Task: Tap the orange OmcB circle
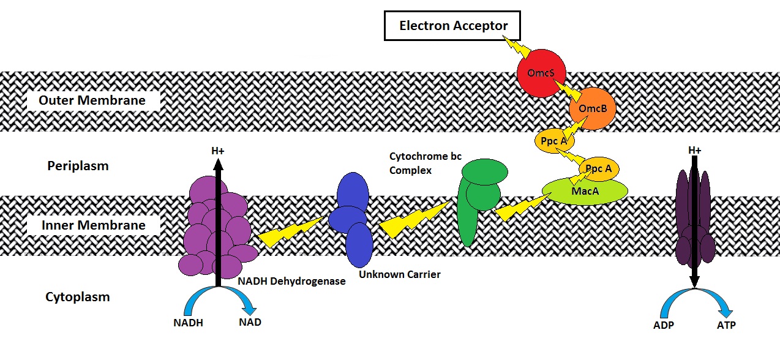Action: (x=588, y=109)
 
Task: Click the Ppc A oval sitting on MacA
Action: (x=599, y=168)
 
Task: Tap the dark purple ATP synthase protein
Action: (x=694, y=217)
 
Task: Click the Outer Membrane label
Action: (x=92, y=100)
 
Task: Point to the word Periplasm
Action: (x=78, y=166)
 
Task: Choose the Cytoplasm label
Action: (x=78, y=297)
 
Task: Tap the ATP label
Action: (x=726, y=325)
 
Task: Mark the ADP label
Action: (x=663, y=325)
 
